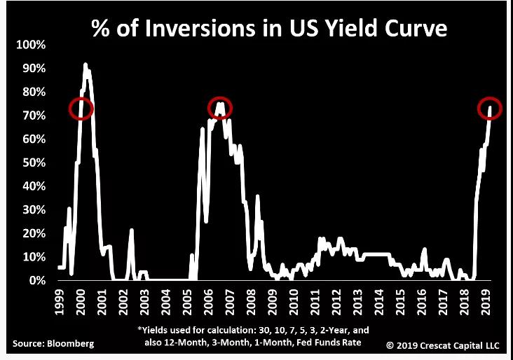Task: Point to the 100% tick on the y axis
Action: click(30, 45)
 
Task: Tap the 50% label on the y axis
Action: click(33, 162)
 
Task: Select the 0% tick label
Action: click(36, 280)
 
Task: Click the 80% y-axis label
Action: click(33, 92)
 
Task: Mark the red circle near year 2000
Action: click(81, 108)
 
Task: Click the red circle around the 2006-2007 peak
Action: click(220, 107)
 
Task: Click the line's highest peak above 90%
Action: click(85, 64)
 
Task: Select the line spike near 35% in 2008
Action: click(258, 196)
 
